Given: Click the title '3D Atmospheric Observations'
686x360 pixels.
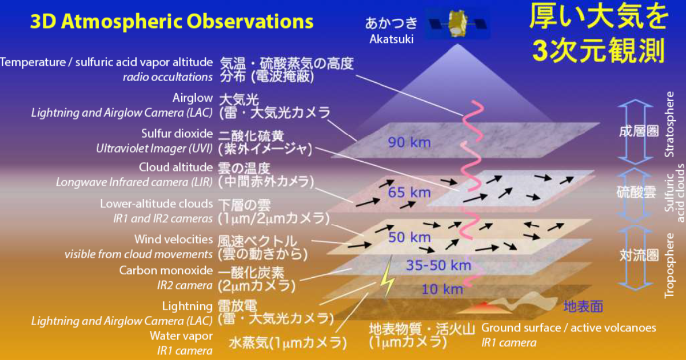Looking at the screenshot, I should point(171,22).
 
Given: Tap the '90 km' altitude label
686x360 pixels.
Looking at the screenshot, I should point(409,142).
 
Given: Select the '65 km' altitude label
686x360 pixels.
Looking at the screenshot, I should point(409,192).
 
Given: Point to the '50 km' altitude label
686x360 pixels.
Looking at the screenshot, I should point(409,237).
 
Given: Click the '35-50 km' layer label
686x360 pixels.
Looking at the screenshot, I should point(438,265).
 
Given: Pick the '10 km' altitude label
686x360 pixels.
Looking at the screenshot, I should point(442,289).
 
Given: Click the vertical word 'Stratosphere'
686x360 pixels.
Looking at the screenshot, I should point(669,124).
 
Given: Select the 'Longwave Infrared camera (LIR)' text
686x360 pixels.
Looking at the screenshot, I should point(134,182).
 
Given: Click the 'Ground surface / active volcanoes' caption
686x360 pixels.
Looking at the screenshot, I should point(569,328).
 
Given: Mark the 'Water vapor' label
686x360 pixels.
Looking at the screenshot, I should point(181,335).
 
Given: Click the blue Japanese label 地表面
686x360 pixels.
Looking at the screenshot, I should point(583,307).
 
